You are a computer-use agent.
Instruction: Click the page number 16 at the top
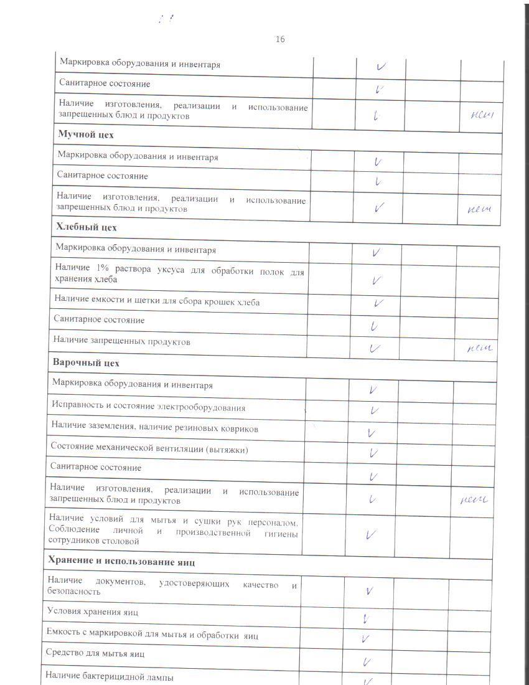click(280, 39)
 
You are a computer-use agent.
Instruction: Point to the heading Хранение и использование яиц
click(122, 562)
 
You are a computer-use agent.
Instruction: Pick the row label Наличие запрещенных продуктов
click(122, 341)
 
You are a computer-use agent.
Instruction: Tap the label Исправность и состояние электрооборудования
click(148, 407)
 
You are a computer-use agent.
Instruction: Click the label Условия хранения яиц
click(93, 612)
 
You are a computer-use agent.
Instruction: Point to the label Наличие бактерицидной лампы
click(110, 677)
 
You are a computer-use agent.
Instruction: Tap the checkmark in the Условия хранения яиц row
click(367, 618)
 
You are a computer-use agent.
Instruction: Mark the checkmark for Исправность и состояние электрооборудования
click(374, 410)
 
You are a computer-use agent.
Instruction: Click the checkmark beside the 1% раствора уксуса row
click(376, 280)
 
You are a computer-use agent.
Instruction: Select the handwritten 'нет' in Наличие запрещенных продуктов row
click(480, 348)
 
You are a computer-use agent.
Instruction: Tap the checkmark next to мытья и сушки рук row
click(371, 534)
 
